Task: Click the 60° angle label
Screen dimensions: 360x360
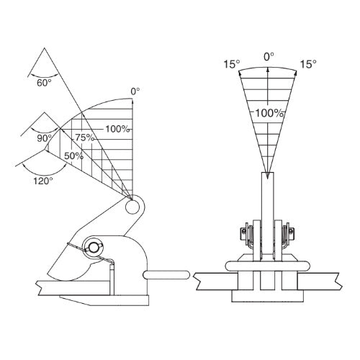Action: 44,83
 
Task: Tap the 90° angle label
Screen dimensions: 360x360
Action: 45,138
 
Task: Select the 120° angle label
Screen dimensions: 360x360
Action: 43,181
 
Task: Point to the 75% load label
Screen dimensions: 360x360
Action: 85,138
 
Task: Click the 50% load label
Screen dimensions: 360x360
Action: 73,156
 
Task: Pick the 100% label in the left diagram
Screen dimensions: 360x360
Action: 117,129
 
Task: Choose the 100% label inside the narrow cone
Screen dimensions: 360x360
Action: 269,113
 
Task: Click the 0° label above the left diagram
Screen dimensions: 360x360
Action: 135,91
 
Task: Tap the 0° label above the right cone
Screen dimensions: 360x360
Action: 269,57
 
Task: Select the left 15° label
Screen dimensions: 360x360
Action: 232,64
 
